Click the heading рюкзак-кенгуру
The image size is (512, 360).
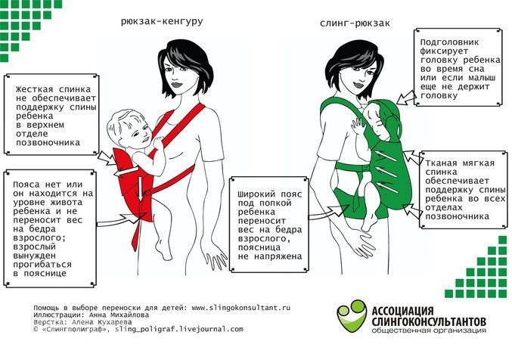pyautogui.click(x=162, y=22)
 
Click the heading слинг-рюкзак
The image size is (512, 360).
pyautogui.click(x=355, y=23)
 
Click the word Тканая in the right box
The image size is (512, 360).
pyautogui.click(x=441, y=163)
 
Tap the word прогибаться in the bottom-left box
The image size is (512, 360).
pyautogui.click(x=42, y=265)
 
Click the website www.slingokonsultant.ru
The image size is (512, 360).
pyautogui.click(x=240, y=308)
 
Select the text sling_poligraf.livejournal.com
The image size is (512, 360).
pyautogui.click(x=179, y=329)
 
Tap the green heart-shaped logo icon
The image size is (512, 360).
pyautogui.click(x=352, y=315)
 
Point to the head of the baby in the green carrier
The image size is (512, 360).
pyautogui.click(x=377, y=119)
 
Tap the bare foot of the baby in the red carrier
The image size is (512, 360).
pyautogui.click(x=163, y=250)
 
